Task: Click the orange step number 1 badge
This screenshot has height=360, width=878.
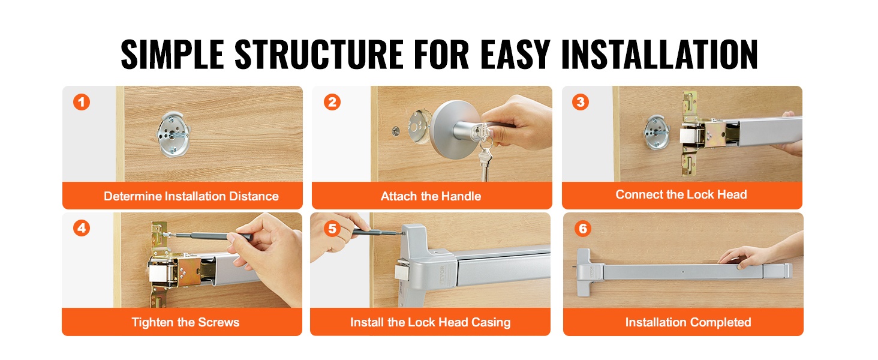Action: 82,102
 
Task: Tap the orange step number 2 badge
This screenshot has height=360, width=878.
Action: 332,102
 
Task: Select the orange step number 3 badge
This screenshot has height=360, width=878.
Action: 581,102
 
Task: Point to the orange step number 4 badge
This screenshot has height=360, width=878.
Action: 82,228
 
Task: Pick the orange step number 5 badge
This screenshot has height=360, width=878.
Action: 332,228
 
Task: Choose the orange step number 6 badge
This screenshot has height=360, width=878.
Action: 583,228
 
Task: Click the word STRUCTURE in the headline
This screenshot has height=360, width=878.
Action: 319,55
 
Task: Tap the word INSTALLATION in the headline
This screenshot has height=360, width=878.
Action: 659,55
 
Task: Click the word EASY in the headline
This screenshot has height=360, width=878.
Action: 515,55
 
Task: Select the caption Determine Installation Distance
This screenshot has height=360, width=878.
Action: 191,196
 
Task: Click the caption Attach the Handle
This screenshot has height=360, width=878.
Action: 431,196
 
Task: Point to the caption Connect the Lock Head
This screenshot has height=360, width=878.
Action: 681,194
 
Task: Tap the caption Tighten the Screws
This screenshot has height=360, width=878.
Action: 185,322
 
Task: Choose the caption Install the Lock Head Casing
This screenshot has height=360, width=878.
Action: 431,322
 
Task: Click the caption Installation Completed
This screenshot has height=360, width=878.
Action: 688,322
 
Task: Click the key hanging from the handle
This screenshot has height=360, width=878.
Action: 485,161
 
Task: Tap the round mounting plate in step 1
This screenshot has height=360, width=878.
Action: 173,134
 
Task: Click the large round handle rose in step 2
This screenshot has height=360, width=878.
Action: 451,130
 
